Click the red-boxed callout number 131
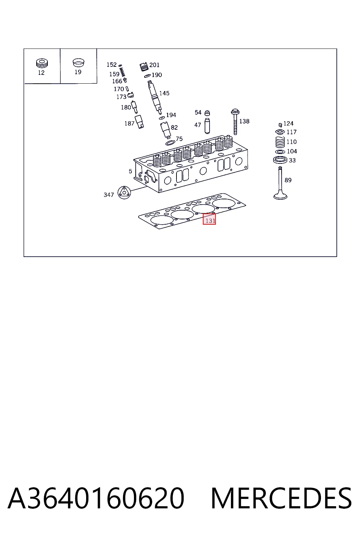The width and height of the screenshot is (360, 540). tap(210, 220)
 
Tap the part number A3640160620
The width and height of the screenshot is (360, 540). tap(96, 498)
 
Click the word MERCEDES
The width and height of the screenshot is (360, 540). tap(281, 498)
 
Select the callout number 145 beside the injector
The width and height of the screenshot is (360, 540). tap(164, 93)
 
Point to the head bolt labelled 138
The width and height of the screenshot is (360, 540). tap(235, 122)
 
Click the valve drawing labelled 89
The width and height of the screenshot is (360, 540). tap(280, 183)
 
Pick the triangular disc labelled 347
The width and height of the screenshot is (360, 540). tap(124, 193)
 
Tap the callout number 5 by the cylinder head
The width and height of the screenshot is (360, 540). tap(130, 171)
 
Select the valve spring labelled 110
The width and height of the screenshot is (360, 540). tap(280, 142)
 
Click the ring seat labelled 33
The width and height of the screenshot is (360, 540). tap(280, 160)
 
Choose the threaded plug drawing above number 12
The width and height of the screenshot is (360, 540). tap(42, 63)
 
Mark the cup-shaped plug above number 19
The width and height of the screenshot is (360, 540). tap(78, 63)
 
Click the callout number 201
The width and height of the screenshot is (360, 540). tap(154, 65)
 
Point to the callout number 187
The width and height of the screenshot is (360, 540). tap(129, 123)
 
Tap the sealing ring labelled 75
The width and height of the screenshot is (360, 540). tap(170, 143)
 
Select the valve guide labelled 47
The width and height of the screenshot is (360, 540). tap(207, 126)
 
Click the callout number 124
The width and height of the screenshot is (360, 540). tap(288, 123)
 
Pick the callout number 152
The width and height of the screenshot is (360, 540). tap(111, 65)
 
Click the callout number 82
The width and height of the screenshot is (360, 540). tap(174, 127)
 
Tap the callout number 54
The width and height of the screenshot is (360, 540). tap(198, 112)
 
